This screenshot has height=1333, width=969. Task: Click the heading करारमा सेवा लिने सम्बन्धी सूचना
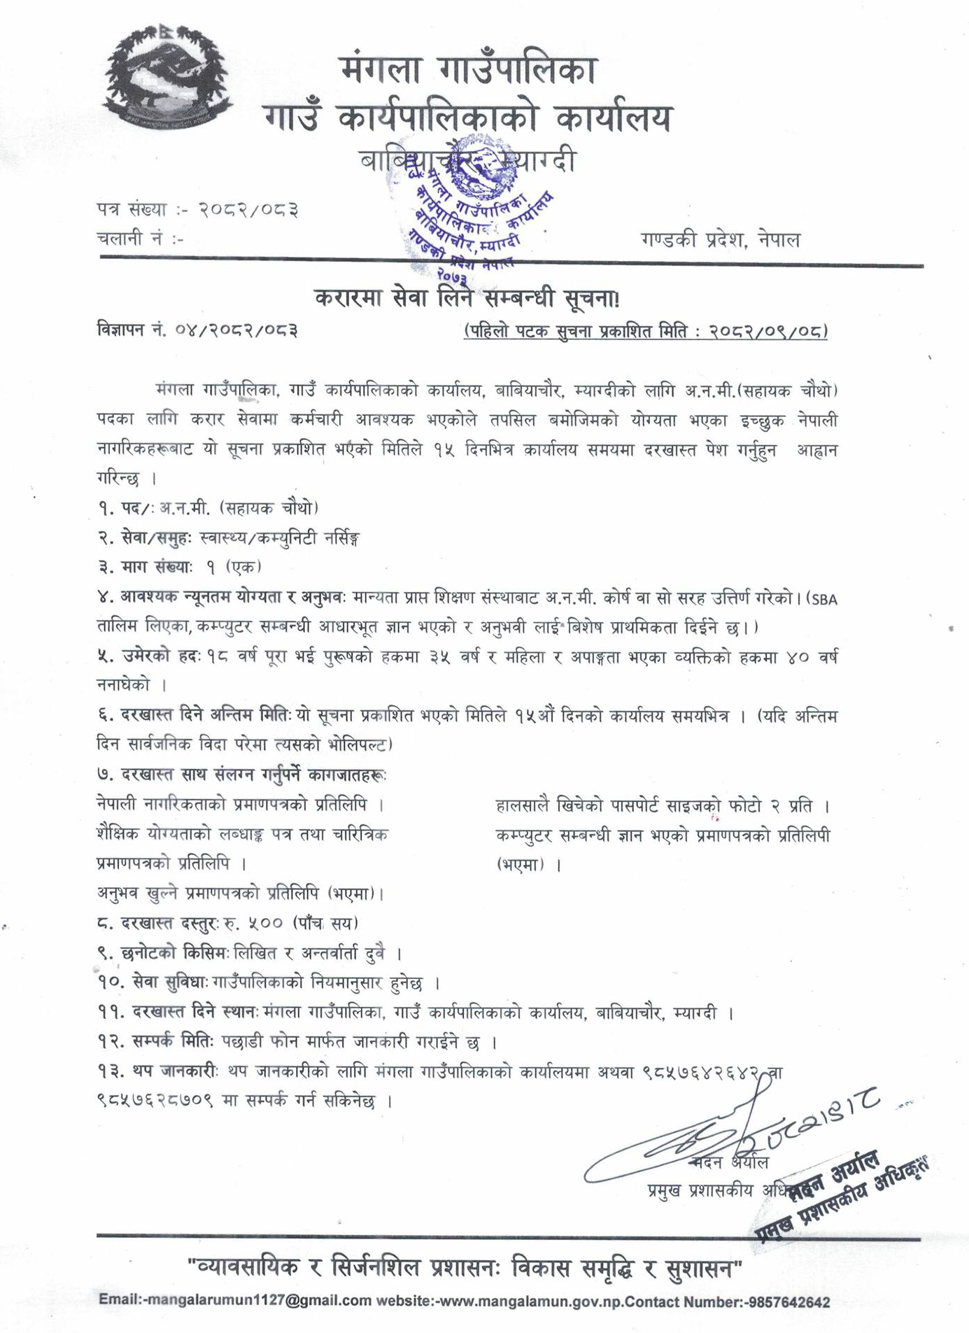tap(467, 299)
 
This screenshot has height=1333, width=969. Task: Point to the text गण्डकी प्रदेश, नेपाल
tap(720, 240)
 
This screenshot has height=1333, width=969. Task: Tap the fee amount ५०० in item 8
tap(260, 923)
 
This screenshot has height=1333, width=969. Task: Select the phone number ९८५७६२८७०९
tap(157, 1101)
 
